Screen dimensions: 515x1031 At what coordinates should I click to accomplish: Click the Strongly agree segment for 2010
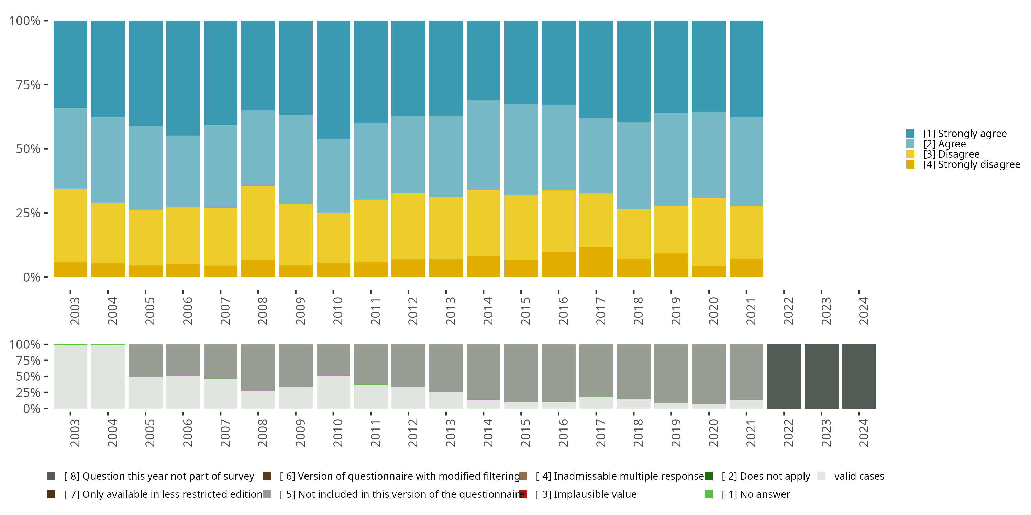point(333,80)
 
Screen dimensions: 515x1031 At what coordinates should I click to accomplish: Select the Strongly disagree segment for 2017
point(596,262)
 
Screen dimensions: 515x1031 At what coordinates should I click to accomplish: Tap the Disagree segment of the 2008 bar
point(258,223)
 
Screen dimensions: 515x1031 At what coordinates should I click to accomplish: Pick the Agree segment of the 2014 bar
point(483,145)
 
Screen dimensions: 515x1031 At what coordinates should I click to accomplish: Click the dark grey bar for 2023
point(821,376)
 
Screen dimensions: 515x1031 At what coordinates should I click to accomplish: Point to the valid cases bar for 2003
point(70,376)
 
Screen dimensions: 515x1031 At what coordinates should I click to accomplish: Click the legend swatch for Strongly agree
point(910,134)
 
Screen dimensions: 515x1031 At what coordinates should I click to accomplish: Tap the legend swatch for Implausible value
point(523,494)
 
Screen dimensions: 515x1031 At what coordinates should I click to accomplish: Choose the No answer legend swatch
point(708,494)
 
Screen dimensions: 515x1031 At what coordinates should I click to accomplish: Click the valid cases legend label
point(859,476)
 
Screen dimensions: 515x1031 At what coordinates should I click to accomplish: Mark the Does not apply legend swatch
point(708,476)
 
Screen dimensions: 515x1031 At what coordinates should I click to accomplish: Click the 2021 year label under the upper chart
point(751,311)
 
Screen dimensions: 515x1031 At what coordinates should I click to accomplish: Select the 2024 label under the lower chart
point(863,433)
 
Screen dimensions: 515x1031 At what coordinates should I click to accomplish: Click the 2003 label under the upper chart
point(75,311)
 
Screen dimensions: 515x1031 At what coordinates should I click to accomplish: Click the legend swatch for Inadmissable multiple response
point(523,476)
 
